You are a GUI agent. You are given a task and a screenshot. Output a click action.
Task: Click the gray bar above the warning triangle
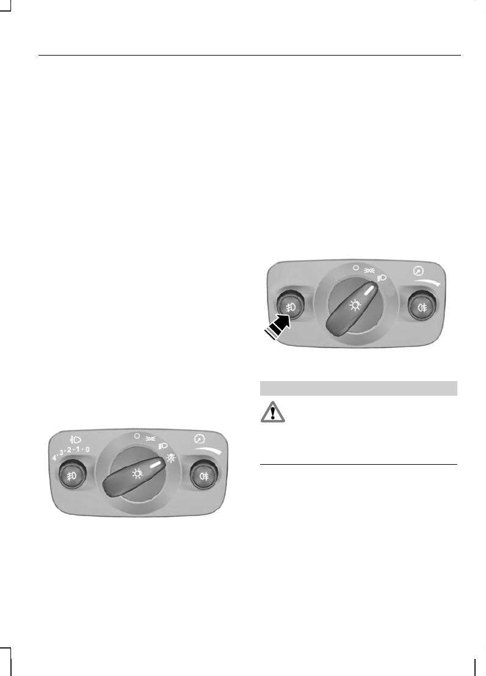coord(358,388)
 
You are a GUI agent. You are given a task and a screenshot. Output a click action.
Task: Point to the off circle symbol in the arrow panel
coord(356,267)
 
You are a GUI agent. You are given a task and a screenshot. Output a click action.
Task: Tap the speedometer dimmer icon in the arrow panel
coord(418,271)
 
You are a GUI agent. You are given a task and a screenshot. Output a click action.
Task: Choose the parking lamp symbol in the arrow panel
coord(369,271)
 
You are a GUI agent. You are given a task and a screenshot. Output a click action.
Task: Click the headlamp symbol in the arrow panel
coord(382,278)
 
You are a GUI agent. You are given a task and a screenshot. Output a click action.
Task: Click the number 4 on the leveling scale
coord(54,458)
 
